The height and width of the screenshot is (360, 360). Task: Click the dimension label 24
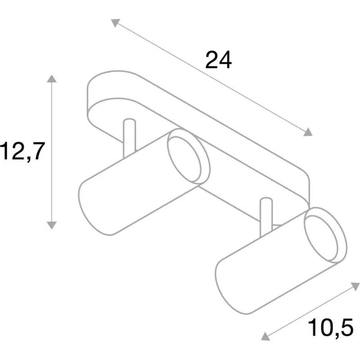(218, 60)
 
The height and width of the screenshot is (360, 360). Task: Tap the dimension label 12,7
(22, 151)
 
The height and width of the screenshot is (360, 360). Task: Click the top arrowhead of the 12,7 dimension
(52, 78)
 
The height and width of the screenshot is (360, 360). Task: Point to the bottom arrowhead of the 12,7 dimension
(52, 225)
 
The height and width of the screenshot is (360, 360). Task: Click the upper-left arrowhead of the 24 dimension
(115, 23)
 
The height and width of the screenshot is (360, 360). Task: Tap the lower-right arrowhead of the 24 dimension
(308, 132)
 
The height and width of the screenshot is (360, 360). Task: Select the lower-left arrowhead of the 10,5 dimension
(265, 336)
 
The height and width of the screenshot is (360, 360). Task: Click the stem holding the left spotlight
(130, 138)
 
